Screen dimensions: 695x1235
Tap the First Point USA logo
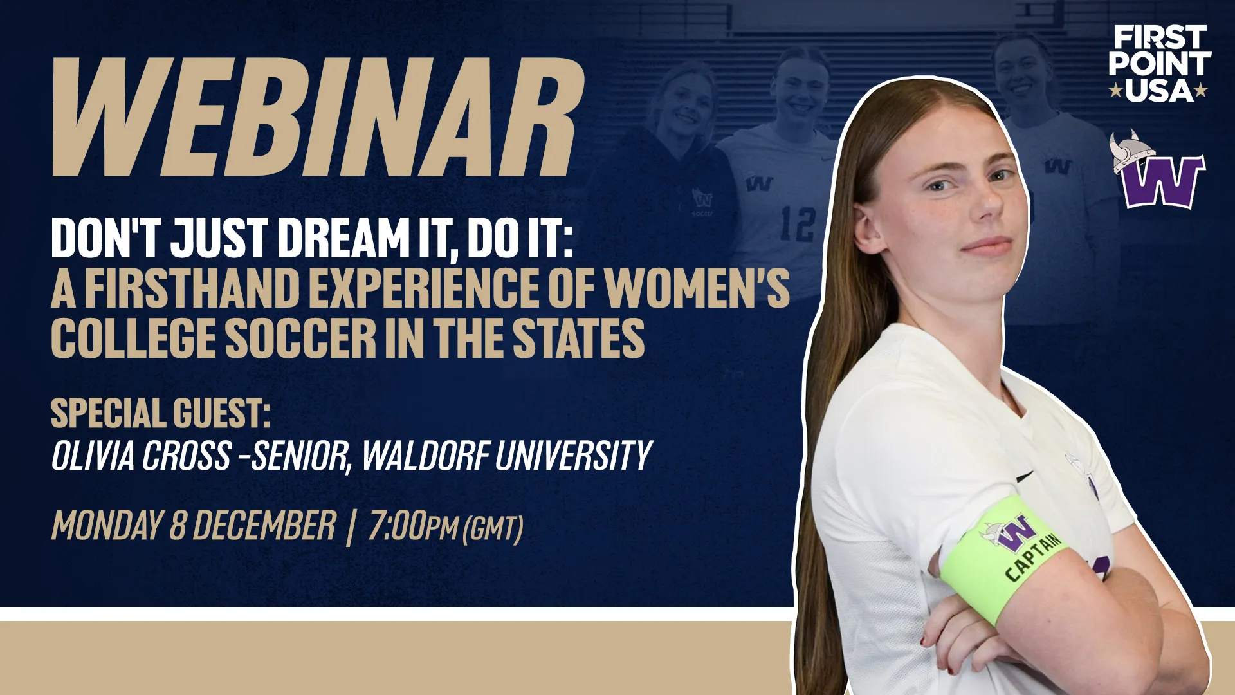click(1159, 64)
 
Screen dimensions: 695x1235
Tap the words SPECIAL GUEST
click(160, 413)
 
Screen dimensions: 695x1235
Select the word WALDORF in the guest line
click(426, 456)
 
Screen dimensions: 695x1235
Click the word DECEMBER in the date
click(264, 526)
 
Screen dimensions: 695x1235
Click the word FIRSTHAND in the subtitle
click(192, 288)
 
